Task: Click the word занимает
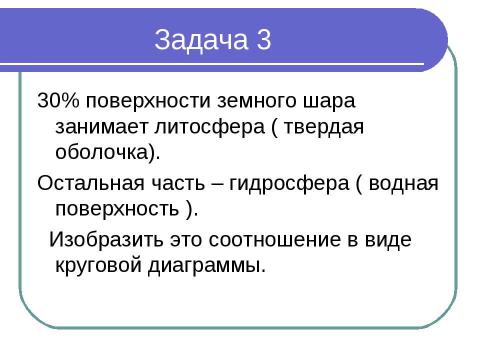(x=91, y=129)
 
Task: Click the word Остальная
(x=82, y=184)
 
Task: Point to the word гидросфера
(x=273, y=184)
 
